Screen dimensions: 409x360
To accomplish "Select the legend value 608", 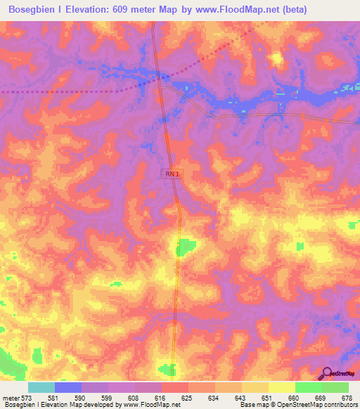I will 134,398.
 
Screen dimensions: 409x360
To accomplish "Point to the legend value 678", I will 347,398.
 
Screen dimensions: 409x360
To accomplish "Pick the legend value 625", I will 188,398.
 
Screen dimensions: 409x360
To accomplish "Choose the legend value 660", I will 295,398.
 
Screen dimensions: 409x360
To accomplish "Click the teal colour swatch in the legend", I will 41,387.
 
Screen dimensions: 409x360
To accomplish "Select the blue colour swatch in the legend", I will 68,387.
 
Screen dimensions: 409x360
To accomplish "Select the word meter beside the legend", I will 11,398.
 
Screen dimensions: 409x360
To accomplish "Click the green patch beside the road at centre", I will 186,247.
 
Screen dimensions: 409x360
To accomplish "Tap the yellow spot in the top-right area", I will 278,59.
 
